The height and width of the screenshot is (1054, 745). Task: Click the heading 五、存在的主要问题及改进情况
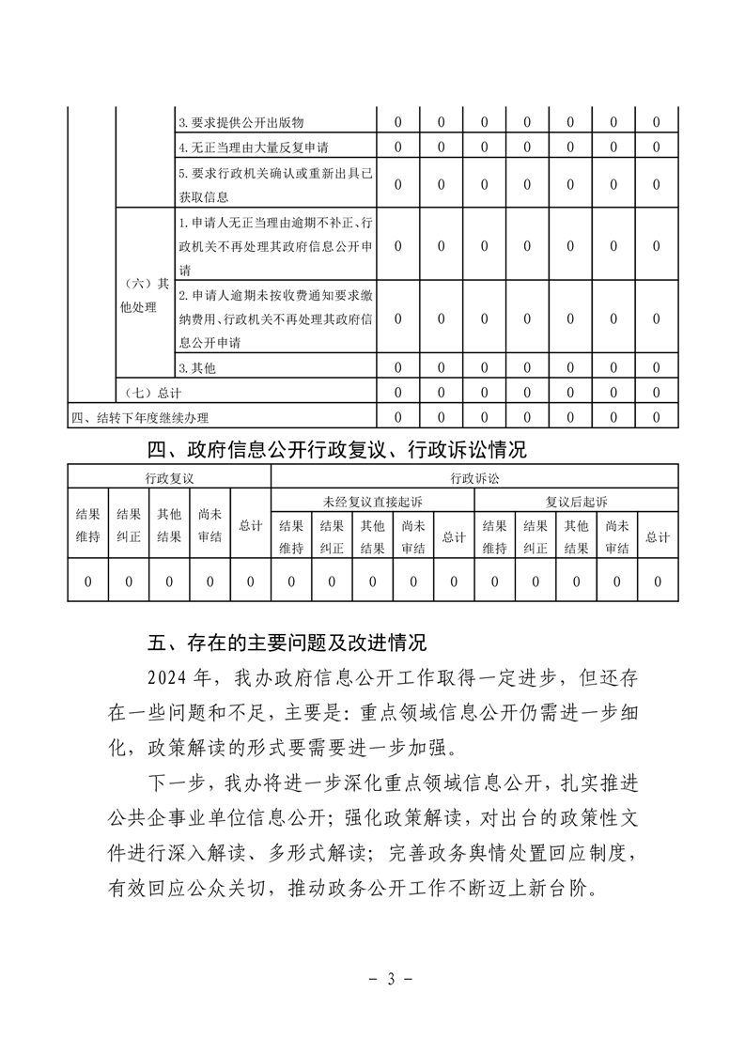287,643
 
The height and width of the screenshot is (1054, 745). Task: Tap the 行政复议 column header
169,478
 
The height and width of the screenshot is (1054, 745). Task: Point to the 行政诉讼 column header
474,478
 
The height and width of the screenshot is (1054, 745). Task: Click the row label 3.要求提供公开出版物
241,123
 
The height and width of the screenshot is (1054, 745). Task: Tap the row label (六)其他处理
146,295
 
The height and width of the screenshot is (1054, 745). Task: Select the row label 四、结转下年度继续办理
140,417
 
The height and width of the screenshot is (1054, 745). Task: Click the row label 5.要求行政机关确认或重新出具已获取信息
273,184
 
